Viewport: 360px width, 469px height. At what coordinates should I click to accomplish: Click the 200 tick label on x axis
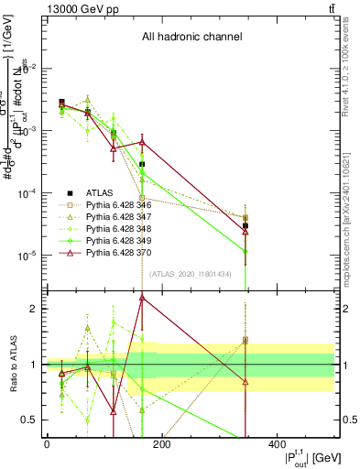[161, 444]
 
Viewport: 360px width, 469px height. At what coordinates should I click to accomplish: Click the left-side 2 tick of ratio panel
[36, 309]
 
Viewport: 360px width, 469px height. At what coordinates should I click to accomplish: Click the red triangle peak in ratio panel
[142, 297]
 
